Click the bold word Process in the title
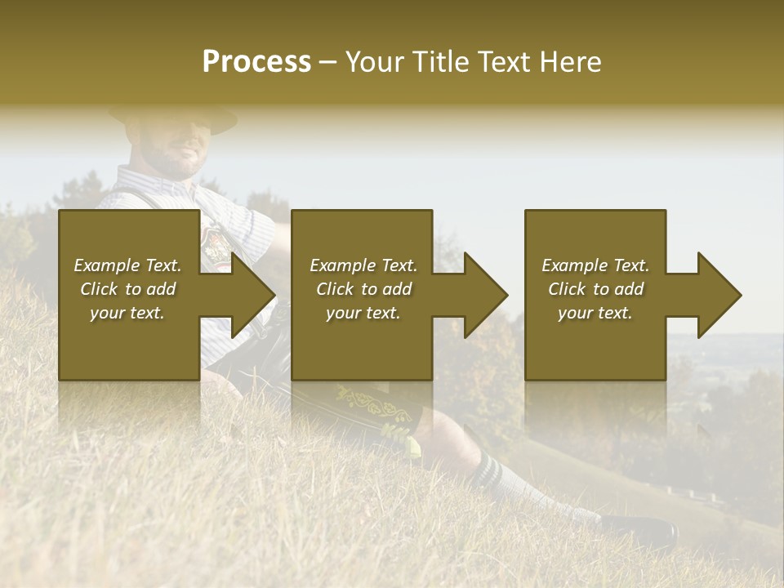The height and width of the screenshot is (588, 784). pos(256,62)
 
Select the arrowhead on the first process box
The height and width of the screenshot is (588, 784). pos(252,295)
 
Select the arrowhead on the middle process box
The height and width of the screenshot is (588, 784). pos(484,295)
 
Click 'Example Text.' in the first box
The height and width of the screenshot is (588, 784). pos(127,265)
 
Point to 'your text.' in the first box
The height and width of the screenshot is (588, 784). pos(127,313)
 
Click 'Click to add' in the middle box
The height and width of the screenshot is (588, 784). pos(363,289)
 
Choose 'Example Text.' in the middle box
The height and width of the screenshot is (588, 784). pos(363,265)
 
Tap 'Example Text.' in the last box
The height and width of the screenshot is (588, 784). pos(595,265)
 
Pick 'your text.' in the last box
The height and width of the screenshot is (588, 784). pos(595,313)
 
